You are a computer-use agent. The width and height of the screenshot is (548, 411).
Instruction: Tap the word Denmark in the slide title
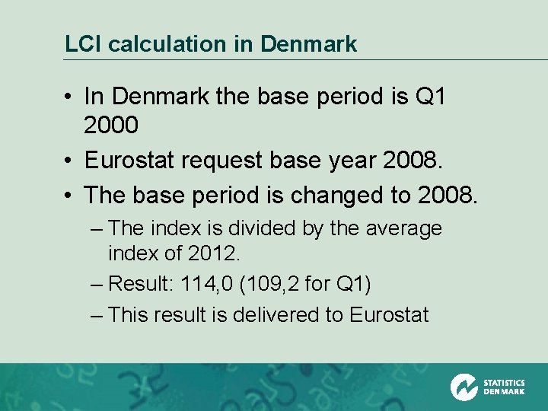pos(308,44)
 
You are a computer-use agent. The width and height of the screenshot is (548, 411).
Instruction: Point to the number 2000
pos(111,126)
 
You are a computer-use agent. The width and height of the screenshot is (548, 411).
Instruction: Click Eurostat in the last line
pos(389,314)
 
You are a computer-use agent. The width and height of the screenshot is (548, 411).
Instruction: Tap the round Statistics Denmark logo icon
pos(464,387)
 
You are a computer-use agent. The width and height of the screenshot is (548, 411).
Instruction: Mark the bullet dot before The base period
pos(69,196)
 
